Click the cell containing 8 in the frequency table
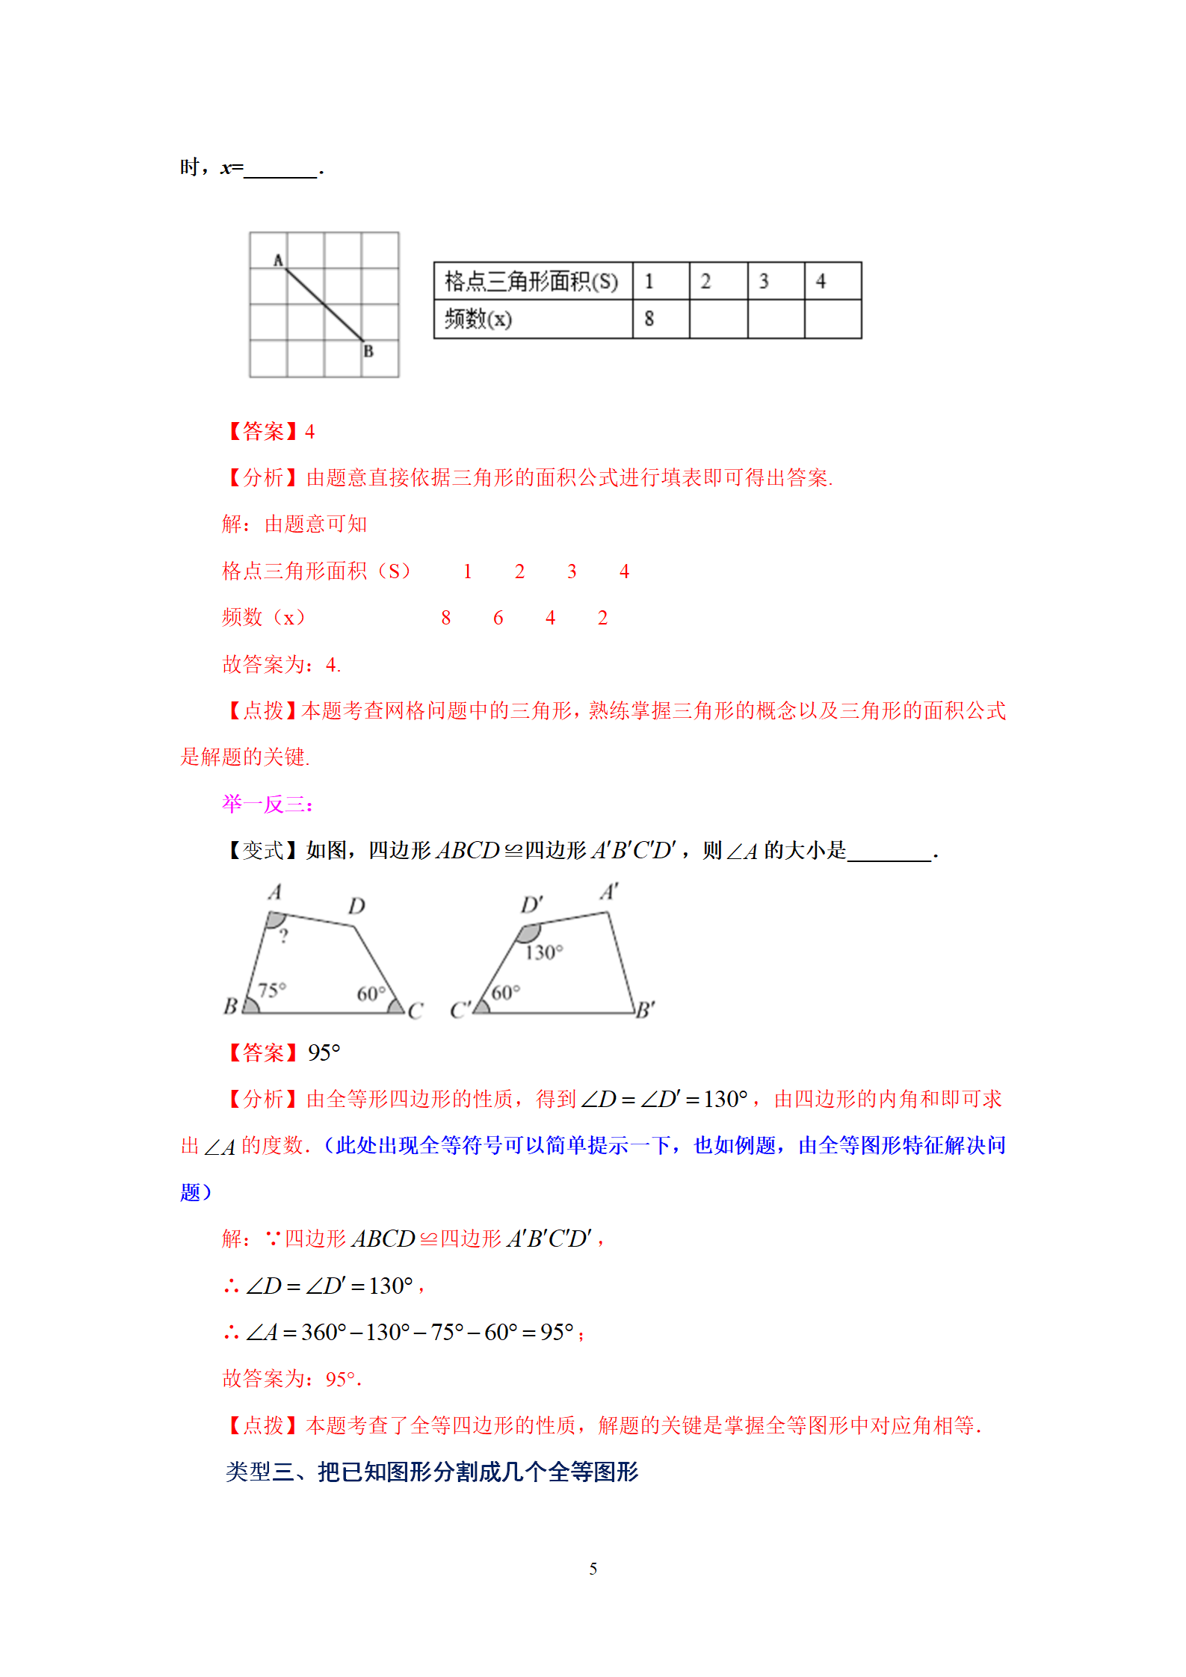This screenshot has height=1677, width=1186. (x=649, y=319)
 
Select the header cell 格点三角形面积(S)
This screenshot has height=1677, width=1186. (x=531, y=282)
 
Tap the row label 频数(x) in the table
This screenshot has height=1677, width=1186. (x=478, y=319)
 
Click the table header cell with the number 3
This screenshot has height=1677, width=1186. (x=763, y=282)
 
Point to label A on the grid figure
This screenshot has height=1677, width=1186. (x=278, y=260)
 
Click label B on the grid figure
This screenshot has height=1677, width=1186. (x=368, y=351)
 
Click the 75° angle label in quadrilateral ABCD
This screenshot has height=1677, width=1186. (x=272, y=990)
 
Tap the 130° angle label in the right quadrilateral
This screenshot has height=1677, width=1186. (x=543, y=952)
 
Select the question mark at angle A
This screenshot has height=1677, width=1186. (x=283, y=936)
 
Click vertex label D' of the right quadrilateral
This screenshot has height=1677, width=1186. (x=531, y=905)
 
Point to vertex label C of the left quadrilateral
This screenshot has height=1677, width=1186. (x=416, y=1011)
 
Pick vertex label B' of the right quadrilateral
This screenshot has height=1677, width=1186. (x=645, y=1010)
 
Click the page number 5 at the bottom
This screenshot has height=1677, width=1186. (x=593, y=1569)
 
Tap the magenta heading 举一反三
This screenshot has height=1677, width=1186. (x=267, y=804)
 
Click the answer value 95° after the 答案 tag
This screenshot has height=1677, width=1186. (x=324, y=1053)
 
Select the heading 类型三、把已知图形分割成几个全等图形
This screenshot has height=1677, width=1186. (x=432, y=1472)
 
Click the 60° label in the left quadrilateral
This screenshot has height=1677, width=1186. (x=371, y=994)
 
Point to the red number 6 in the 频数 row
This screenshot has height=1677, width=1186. (x=498, y=618)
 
